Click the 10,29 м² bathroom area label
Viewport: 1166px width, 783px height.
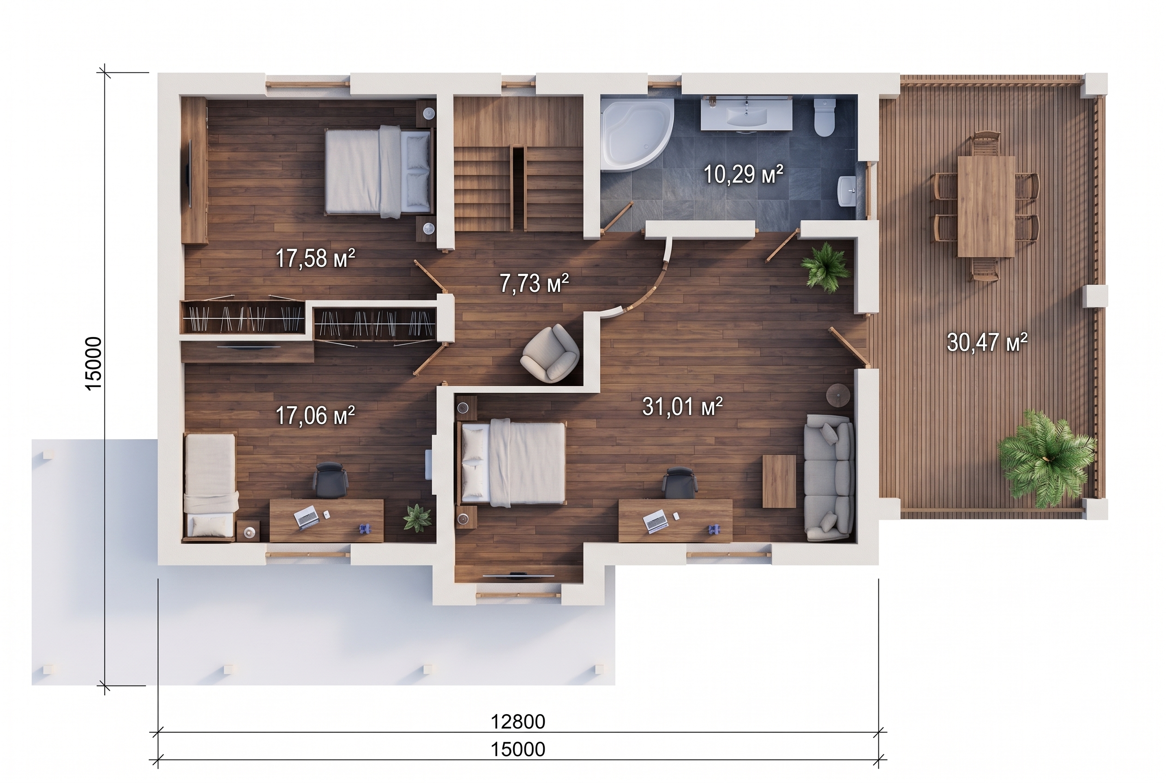click(743, 175)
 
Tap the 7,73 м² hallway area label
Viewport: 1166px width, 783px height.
click(534, 283)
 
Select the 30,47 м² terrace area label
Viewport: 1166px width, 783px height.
click(987, 343)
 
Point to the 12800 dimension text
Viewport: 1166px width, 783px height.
click(518, 721)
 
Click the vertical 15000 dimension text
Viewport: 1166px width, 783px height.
click(94, 363)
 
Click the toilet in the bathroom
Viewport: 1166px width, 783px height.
click(824, 117)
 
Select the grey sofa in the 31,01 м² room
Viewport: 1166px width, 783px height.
click(829, 477)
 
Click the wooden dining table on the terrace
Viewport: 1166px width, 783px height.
click(986, 206)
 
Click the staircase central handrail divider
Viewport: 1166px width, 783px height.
click(519, 187)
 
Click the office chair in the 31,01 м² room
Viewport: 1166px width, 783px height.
click(679, 482)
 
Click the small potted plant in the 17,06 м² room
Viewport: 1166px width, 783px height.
click(417, 518)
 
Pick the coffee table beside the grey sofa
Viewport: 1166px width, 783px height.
click(779, 482)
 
